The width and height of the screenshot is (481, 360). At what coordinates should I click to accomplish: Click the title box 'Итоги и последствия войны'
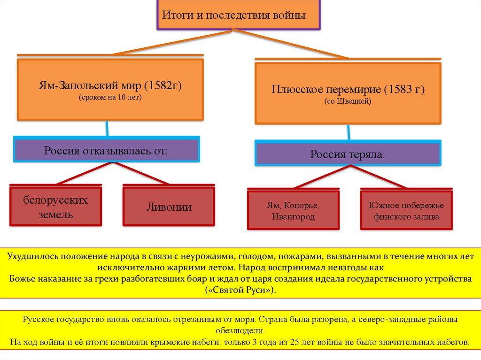pos(239,15)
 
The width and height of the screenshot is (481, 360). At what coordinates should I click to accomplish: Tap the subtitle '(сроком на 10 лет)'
pos(110,98)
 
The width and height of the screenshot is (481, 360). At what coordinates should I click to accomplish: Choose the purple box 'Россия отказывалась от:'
pos(106,151)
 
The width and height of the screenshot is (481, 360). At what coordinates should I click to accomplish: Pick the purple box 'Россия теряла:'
pos(347,154)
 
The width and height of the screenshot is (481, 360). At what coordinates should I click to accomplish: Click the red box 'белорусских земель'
pos(56,207)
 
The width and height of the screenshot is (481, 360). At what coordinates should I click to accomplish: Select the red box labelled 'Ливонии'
pos(169,207)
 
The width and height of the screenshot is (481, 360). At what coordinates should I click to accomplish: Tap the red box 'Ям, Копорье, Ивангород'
pos(294,211)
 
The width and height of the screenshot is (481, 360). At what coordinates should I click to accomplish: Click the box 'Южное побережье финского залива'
pos(406,211)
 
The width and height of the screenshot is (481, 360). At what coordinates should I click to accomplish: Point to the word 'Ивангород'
pos(293,217)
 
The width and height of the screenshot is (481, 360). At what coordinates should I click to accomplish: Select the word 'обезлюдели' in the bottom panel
pos(240,330)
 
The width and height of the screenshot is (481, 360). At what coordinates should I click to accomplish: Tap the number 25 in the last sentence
pos(295,341)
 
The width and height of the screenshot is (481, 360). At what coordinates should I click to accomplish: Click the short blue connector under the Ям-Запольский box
pos(108,128)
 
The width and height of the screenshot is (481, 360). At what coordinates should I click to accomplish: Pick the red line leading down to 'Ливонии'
pos(141,173)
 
